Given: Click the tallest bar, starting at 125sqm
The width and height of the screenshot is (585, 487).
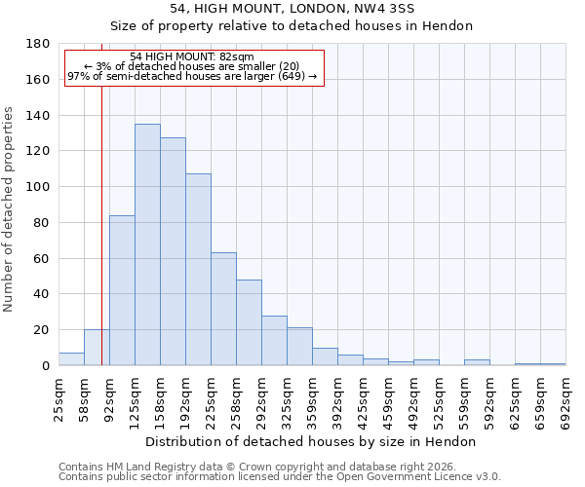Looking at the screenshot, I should [x=147, y=244].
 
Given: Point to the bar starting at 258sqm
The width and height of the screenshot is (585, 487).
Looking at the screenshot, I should [x=249, y=322].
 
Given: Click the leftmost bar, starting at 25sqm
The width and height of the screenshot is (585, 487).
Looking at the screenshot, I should [x=71, y=359].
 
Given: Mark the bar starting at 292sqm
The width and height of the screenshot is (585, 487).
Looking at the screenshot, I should [x=274, y=341].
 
